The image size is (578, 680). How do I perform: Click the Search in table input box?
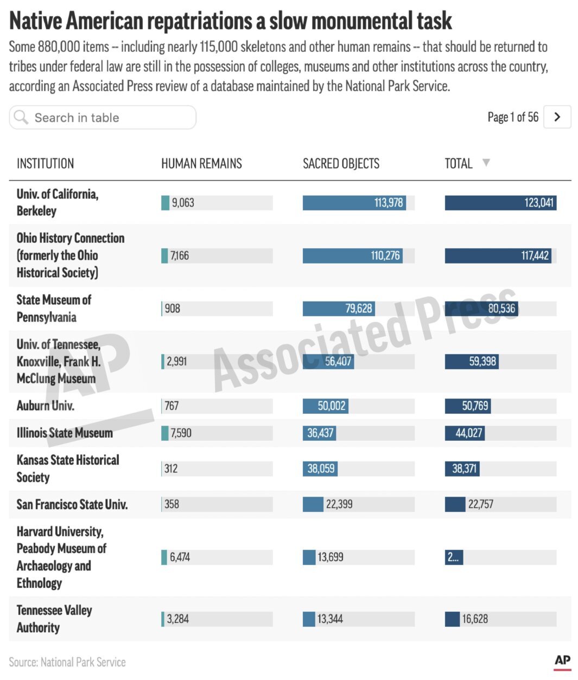click(x=102, y=118)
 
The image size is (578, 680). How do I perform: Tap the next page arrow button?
click(x=557, y=117)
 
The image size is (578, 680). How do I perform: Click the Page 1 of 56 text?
click(x=512, y=117)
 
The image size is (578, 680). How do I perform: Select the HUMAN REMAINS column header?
click(x=201, y=163)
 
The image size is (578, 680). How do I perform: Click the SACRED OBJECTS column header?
click(x=341, y=163)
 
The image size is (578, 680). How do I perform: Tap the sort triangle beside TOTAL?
click(x=486, y=163)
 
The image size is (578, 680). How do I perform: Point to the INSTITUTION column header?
click(x=45, y=163)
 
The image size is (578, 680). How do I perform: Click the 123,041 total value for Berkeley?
click(x=538, y=203)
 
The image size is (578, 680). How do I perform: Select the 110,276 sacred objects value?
click(x=385, y=255)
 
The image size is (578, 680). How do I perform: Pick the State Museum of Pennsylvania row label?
click(x=54, y=308)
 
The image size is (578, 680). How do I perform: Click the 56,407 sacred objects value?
click(x=338, y=361)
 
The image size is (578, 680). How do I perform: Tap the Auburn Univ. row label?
click(x=46, y=406)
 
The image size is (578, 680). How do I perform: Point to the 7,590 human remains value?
click(x=181, y=433)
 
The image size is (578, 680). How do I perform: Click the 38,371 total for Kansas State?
click(x=464, y=469)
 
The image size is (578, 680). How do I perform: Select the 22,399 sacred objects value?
click(x=339, y=504)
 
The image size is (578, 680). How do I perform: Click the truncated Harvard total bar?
click(x=454, y=557)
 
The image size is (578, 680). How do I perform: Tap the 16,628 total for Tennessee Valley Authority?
click(x=475, y=619)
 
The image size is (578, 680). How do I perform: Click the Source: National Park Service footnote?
click(x=67, y=662)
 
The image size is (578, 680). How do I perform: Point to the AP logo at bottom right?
click(x=562, y=660)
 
